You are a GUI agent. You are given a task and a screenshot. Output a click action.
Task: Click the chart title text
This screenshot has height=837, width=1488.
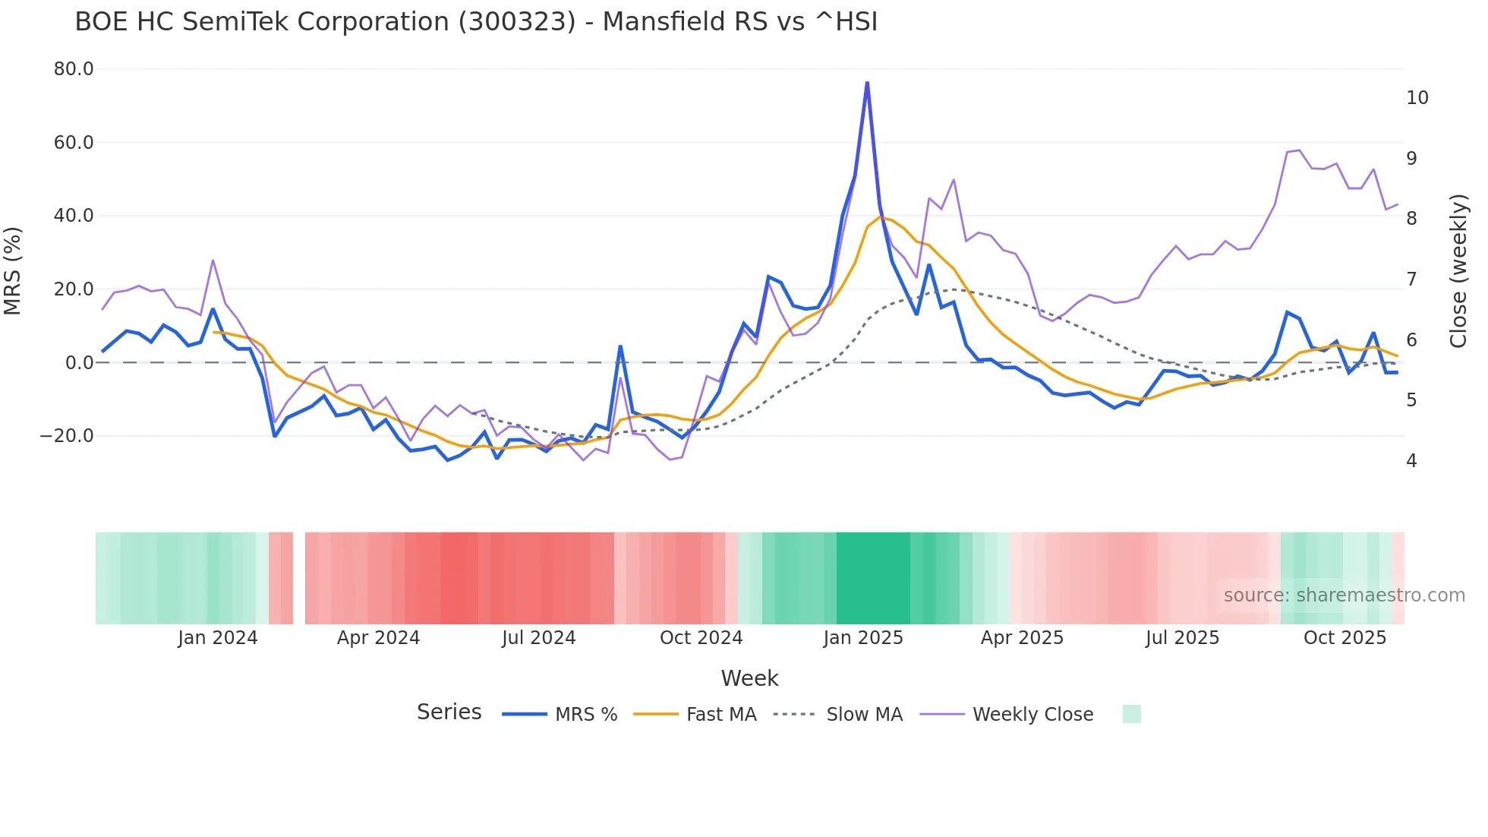[476, 22]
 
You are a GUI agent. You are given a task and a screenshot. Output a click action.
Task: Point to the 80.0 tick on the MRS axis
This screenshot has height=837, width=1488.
[74, 69]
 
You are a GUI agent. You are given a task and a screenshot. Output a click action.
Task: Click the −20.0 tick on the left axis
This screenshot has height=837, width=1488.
[67, 436]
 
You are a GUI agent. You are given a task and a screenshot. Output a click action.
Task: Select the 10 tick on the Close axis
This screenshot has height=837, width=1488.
[1417, 98]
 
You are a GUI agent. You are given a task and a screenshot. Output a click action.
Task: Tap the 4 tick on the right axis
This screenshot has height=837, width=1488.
[1411, 461]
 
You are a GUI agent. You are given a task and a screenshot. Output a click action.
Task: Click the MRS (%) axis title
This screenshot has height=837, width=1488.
[13, 271]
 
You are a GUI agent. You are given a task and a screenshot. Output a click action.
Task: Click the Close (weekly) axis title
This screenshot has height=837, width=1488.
[1458, 271]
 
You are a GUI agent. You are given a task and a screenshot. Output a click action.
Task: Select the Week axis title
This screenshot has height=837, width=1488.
[749, 678]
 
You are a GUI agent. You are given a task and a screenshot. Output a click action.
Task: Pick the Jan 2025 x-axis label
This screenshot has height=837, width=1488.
[863, 638]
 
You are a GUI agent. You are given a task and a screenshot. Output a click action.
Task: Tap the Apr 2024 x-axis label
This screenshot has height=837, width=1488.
[378, 638]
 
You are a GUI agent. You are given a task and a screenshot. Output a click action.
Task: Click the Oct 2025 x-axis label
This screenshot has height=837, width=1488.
[1345, 638]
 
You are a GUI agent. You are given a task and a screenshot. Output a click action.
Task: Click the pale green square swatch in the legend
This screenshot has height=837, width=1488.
[1131, 714]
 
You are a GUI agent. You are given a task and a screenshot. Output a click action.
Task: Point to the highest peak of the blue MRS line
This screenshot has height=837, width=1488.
[867, 83]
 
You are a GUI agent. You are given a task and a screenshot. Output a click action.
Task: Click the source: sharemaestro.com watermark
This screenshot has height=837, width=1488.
[1344, 595]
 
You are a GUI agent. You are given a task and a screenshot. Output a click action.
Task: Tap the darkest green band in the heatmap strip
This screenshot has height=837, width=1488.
[873, 578]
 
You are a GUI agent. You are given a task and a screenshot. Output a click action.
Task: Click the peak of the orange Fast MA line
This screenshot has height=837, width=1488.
[881, 217]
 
